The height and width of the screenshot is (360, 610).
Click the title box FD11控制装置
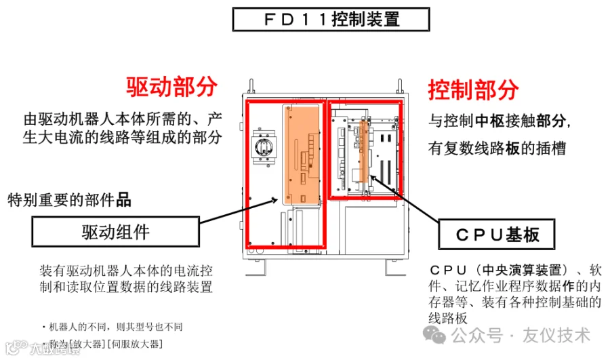point(331,19)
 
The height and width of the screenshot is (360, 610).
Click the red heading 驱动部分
point(171,86)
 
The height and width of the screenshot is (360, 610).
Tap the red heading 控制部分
point(473,89)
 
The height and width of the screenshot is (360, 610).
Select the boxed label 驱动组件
point(115,233)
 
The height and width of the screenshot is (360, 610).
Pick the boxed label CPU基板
point(497,235)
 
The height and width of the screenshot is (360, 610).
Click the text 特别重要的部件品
point(69,200)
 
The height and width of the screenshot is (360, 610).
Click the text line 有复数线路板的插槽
point(497,148)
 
